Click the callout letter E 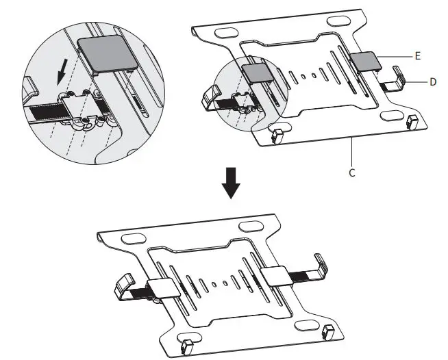(x=417, y=56)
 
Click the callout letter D (x=433, y=82)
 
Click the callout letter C (x=352, y=172)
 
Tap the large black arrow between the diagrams (x=231, y=183)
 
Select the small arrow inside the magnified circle (x=62, y=72)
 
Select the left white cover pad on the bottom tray (x=164, y=288)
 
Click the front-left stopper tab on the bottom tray (x=187, y=346)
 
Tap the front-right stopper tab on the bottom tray (x=328, y=332)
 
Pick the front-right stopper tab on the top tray (x=412, y=123)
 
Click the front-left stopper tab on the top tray (x=277, y=136)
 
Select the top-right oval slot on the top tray (x=338, y=21)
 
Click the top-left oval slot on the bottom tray (x=133, y=239)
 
